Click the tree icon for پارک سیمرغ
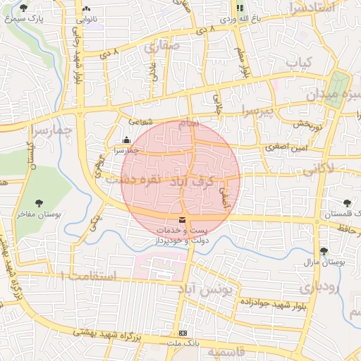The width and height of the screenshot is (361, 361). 24,8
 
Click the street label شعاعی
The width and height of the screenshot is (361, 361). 140,121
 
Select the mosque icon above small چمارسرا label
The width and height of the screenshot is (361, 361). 126,139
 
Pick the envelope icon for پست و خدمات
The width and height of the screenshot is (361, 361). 183,221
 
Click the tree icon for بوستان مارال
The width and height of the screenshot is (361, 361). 324,251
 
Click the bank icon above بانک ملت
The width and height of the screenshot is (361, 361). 183,333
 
